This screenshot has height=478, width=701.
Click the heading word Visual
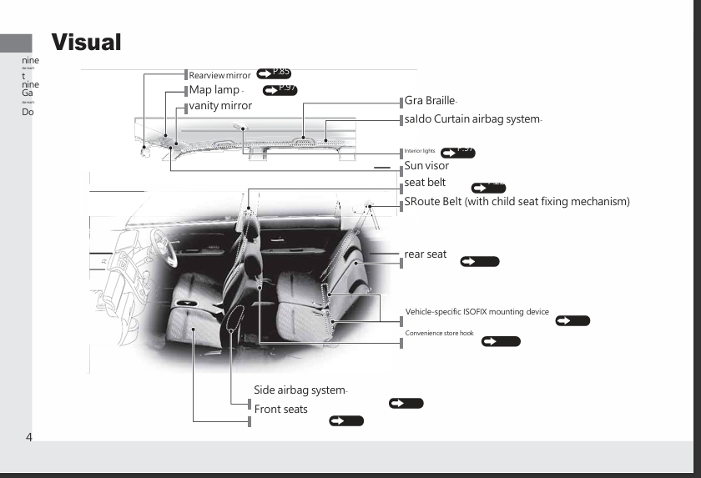[86, 42]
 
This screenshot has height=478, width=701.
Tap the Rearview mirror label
[219, 76]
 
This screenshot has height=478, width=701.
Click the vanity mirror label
[220, 106]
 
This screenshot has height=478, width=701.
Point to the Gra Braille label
[430, 101]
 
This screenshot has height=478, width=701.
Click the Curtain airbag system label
[472, 119]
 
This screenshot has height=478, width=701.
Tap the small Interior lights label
[420, 151]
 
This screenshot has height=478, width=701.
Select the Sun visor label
[426, 166]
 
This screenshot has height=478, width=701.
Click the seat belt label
[425, 183]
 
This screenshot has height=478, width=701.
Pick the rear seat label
[426, 254]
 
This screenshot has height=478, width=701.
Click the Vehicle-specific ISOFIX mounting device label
[477, 312]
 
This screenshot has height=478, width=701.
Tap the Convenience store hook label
[439, 333]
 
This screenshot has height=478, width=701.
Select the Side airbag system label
[300, 390]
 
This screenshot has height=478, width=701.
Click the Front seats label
[280, 410]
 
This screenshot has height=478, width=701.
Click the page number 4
[28, 437]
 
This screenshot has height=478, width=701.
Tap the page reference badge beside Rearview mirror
[274, 73]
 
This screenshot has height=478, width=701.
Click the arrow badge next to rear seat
[479, 262]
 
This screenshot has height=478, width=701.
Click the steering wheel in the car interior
[158, 247]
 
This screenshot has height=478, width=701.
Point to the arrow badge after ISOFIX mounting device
[572, 321]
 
